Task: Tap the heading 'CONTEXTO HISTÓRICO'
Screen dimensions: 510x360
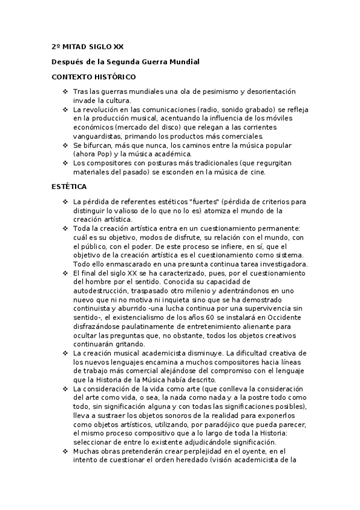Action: (x=94, y=77)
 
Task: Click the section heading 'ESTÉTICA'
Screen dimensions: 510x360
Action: (x=69, y=186)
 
